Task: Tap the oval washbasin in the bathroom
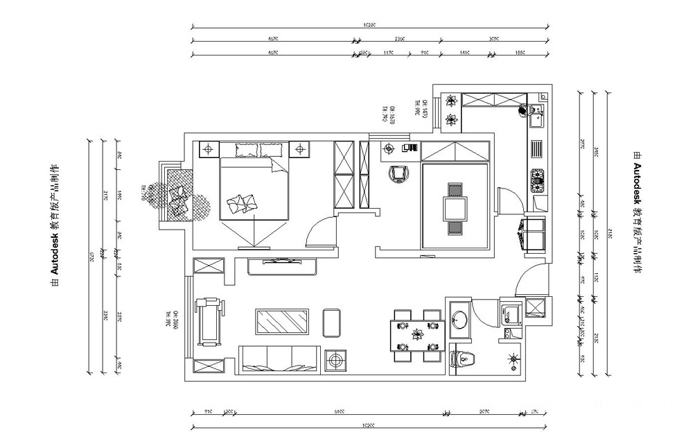(459, 320)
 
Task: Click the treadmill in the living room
(207, 320)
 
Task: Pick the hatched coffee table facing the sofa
(283, 322)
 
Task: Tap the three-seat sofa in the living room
(279, 357)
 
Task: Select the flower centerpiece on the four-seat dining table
(417, 336)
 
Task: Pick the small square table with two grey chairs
(455, 208)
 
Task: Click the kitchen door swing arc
(507, 201)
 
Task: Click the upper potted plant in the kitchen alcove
(451, 101)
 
